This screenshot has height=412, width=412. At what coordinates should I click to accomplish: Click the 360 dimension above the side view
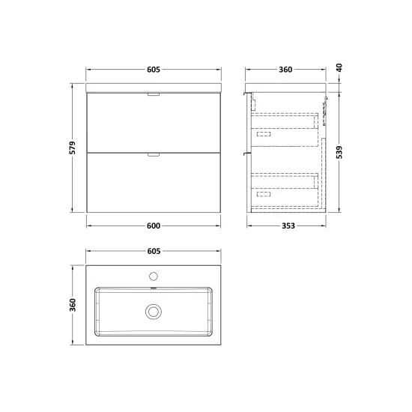285,70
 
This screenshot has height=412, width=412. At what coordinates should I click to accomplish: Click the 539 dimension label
339,152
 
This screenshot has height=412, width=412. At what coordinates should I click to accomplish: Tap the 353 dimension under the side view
288,225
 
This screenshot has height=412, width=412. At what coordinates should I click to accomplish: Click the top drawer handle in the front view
154,95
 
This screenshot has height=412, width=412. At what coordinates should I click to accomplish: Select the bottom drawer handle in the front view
154,154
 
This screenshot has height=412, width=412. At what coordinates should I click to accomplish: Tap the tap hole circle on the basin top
154,275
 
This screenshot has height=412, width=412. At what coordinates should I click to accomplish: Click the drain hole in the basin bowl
154,309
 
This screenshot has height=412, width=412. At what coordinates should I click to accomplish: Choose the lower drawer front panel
154,184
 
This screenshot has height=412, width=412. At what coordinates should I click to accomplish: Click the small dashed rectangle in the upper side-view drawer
264,133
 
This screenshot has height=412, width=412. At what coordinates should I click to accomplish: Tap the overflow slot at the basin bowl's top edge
154,287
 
